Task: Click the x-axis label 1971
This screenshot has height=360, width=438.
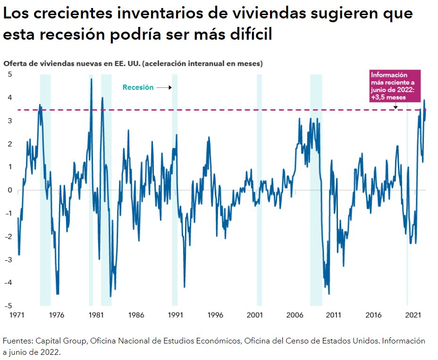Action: click(x=17, y=315)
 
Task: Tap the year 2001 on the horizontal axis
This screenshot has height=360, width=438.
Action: click(x=255, y=315)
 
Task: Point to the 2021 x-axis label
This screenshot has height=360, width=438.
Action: click(x=413, y=315)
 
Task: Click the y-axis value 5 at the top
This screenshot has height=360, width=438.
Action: click(x=9, y=75)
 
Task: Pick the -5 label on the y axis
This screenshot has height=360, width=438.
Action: click(x=8, y=306)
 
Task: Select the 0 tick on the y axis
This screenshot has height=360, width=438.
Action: click(x=9, y=190)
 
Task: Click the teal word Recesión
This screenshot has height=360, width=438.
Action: click(x=138, y=87)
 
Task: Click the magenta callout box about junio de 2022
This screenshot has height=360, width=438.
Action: click(x=394, y=86)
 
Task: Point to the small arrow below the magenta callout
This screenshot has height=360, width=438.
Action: click(x=396, y=106)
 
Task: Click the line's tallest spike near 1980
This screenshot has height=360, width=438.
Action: click(x=91, y=79)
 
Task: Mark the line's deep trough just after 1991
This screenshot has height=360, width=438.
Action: click(x=184, y=286)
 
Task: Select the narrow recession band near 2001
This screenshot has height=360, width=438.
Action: click(x=259, y=189)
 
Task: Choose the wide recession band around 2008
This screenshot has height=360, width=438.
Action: click(x=316, y=189)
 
